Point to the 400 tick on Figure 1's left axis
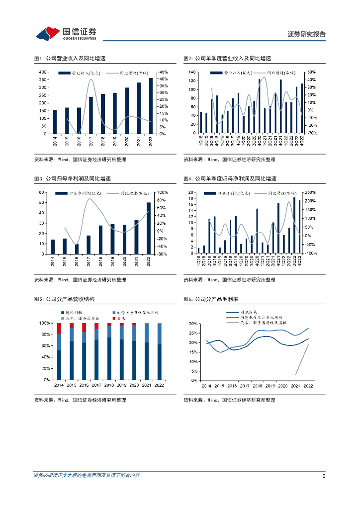43,73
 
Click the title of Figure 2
227,58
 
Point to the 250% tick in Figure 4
310,192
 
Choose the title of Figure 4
230,178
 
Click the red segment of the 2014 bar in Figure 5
59,329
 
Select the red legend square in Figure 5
114,318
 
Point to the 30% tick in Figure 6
193,324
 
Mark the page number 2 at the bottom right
324,476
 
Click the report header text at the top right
307,34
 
